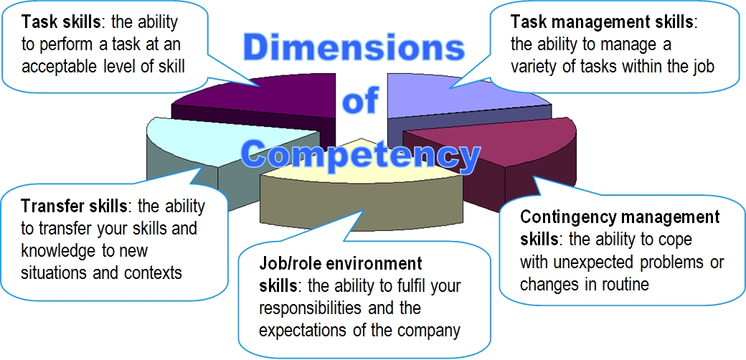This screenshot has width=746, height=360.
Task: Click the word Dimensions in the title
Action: coord(354,47)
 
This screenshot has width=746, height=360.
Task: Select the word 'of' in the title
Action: coord(360,101)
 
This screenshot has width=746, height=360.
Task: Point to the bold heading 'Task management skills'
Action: coord(601,22)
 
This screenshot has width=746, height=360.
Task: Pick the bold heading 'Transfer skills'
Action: coord(74,207)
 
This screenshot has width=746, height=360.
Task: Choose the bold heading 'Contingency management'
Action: coord(620,217)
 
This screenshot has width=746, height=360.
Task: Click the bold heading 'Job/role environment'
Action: coord(340,263)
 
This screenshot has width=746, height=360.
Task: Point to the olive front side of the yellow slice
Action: coord(362,202)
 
